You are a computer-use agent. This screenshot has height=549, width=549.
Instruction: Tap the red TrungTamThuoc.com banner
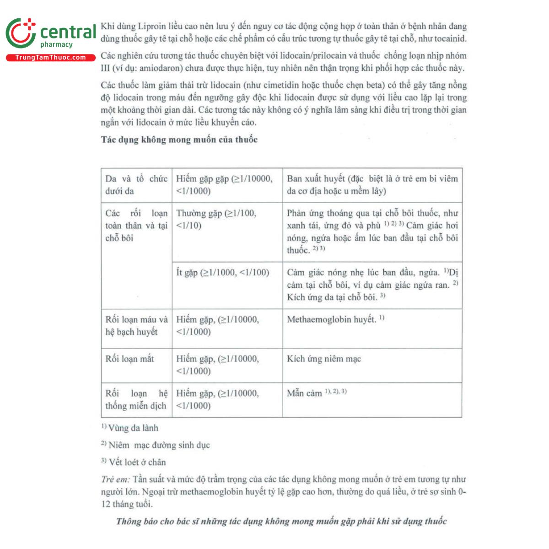pyautogui.click(x=50, y=58)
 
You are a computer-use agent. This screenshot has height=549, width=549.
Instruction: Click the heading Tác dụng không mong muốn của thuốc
pyautogui.click(x=179, y=140)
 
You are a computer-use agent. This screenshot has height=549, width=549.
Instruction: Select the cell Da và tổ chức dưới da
pyautogui.click(x=136, y=185)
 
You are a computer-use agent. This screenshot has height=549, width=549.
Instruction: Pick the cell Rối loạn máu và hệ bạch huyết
pyautogui.click(x=136, y=326)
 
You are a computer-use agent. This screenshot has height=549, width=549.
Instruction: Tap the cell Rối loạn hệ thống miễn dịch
pyautogui.click(x=136, y=399)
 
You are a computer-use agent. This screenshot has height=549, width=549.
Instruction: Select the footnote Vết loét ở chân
pyautogui.click(x=137, y=462)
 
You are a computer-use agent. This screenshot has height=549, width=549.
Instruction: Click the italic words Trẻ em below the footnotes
pyautogui.click(x=115, y=479)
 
